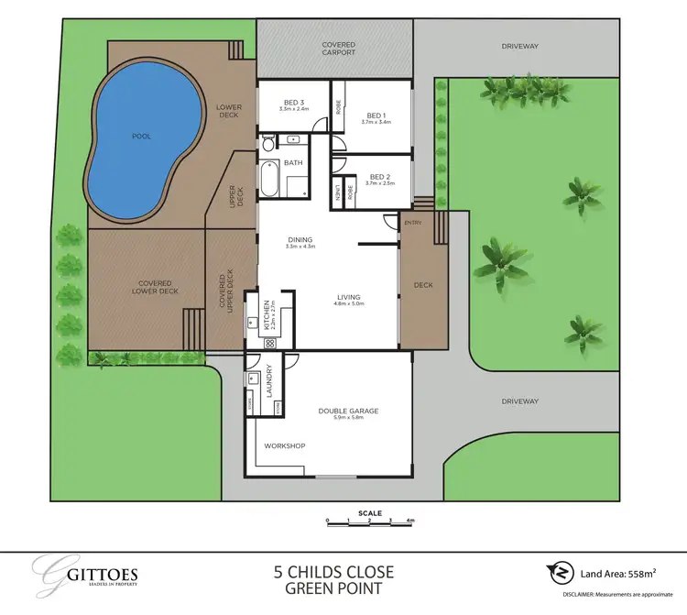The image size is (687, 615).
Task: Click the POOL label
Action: [x=141, y=137]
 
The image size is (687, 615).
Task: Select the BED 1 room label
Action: [x=376, y=116]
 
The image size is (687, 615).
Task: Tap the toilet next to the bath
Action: [x=267, y=143]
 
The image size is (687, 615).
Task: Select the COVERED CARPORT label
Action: [x=338, y=49]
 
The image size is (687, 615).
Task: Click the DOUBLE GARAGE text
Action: [x=348, y=413]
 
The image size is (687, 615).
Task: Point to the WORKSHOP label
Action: [x=284, y=445]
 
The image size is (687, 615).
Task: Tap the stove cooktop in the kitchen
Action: [x=270, y=343]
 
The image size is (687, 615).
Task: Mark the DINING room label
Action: [x=300, y=241]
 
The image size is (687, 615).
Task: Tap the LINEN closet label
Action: [x=337, y=192]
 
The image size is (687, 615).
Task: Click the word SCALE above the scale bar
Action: [x=371, y=513]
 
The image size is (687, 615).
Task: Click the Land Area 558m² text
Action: [x=621, y=575]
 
